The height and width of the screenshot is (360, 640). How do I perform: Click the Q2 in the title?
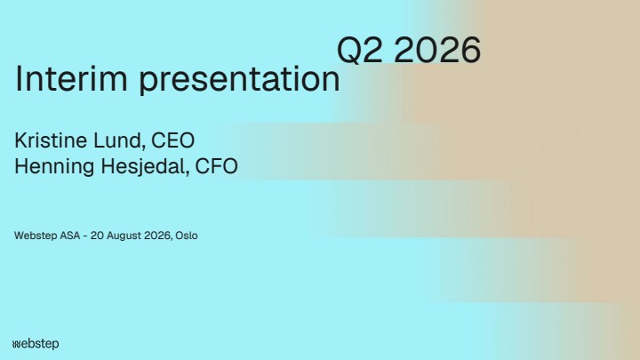click(360, 50)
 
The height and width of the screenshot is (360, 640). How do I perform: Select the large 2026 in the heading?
click(437, 50)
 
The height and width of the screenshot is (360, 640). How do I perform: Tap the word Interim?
click(71, 78)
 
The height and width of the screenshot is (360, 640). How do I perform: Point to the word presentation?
click(240, 80)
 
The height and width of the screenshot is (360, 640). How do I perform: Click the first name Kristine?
click(51, 140)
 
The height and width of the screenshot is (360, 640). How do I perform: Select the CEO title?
click(173, 140)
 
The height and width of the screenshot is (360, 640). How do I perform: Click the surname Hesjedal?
click(145, 167)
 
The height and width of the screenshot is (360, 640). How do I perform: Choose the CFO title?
click(216, 166)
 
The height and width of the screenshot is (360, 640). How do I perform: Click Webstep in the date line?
click(36, 236)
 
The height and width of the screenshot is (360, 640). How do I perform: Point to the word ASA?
click(70, 236)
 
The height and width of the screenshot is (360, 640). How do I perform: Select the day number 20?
click(96, 236)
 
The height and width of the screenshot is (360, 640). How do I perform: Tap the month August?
click(123, 236)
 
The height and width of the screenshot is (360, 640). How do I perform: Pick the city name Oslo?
click(187, 236)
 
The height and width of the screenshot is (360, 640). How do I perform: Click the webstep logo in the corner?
click(36, 344)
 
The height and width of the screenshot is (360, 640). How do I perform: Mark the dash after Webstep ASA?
click(85, 236)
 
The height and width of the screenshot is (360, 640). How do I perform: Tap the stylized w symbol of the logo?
click(16, 345)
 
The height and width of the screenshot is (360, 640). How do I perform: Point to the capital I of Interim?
click(18, 78)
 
